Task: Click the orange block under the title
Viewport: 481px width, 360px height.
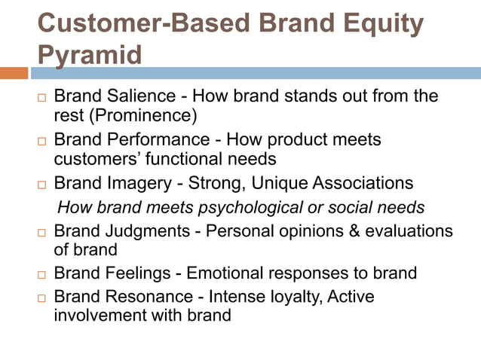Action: pos(14,73)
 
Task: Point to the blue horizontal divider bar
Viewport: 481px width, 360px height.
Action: pos(256,73)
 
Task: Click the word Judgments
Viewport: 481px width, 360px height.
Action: pos(150,230)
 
